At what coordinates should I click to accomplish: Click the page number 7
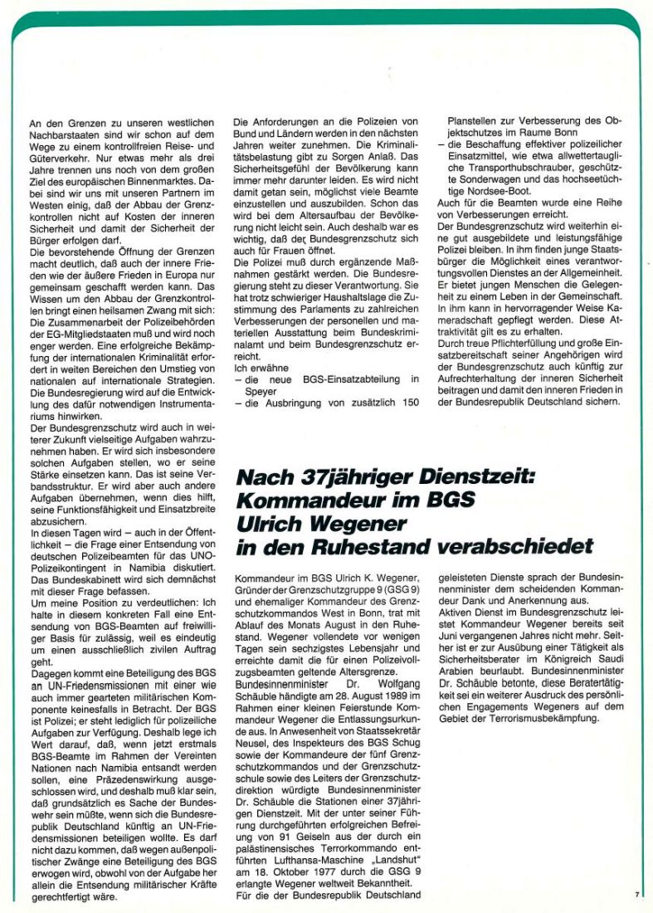point(636,894)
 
